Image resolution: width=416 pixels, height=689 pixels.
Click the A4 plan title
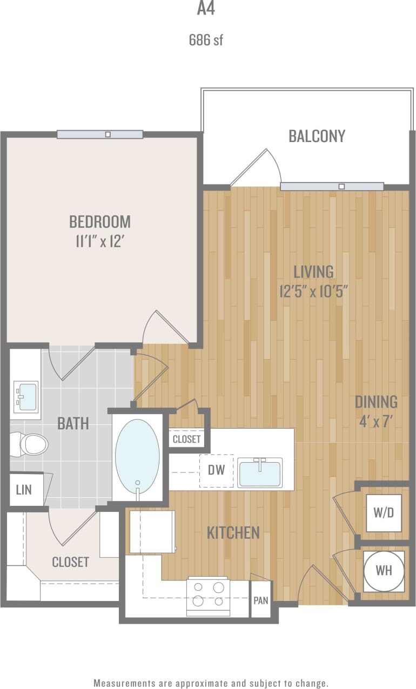(206, 9)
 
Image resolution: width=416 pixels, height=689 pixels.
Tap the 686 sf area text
(206, 40)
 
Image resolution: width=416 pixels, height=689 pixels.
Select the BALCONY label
(317, 136)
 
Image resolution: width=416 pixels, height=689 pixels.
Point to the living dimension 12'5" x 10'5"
(313, 292)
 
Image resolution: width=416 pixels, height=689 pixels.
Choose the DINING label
(376, 402)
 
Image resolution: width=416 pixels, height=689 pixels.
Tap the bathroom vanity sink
(26, 397)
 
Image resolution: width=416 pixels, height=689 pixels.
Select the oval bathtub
(138, 457)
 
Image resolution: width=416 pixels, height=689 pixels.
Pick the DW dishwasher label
(216, 470)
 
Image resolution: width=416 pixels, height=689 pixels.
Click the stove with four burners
(208, 596)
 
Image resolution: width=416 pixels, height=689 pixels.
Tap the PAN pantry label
(261, 600)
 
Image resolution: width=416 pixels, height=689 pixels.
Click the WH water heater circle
(384, 571)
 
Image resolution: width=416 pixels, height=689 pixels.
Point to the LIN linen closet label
(24, 490)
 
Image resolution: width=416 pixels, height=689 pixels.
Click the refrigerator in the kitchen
(152, 532)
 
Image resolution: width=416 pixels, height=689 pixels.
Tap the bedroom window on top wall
(100, 134)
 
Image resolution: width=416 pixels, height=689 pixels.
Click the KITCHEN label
(233, 533)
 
